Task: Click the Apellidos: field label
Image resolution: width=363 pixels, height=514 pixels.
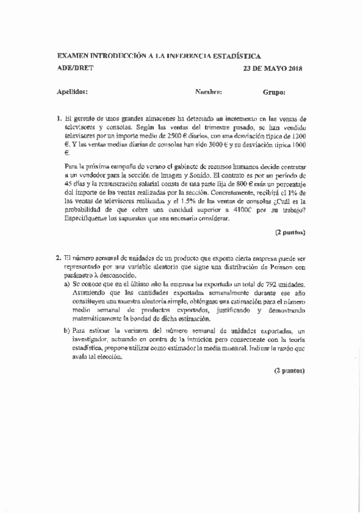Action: [x=72, y=93]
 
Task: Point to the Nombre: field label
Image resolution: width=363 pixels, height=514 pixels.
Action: [x=208, y=93]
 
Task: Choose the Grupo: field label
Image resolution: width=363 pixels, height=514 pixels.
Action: [x=274, y=93]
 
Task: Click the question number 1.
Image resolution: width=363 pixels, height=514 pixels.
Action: [x=58, y=119]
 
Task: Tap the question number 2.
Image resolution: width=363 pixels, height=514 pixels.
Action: [x=58, y=257]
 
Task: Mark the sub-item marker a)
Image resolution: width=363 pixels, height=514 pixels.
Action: [x=67, y=284]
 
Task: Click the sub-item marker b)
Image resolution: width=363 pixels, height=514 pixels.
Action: [x=67, y=330]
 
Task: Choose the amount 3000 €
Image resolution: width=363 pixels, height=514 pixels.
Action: [x=203, y=145]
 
